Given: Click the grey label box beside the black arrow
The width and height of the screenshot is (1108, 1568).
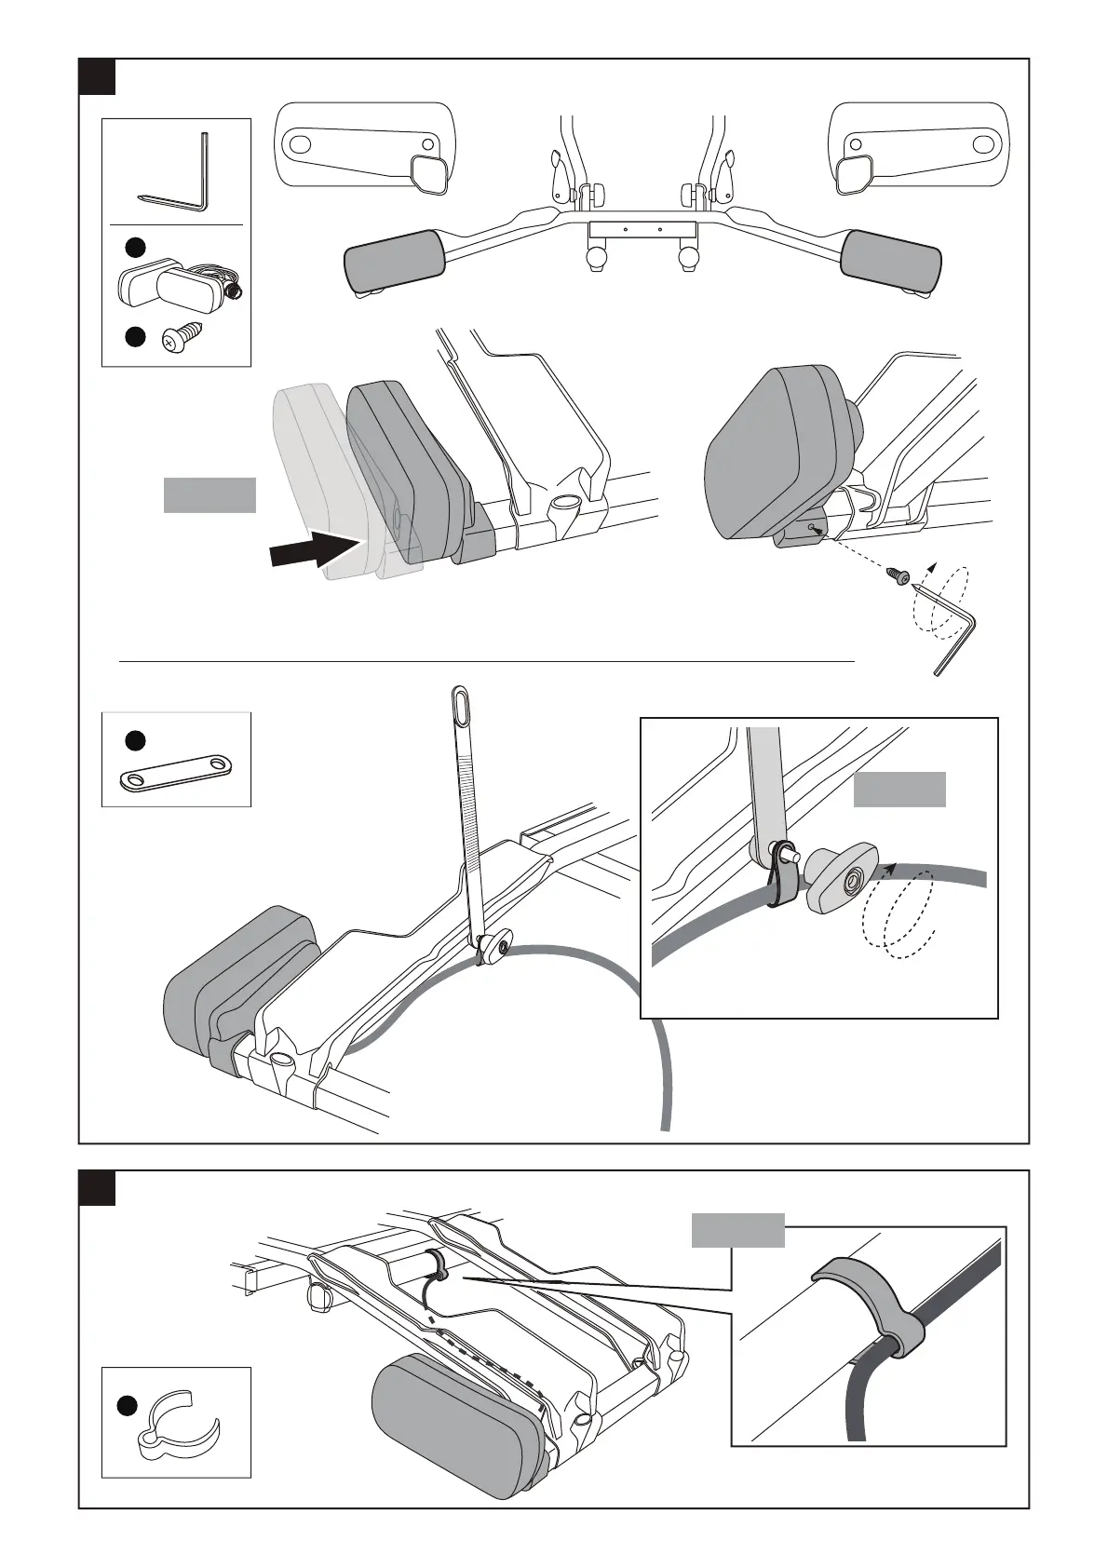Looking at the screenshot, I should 209,495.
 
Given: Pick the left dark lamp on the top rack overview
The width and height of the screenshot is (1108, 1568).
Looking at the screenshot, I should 395,262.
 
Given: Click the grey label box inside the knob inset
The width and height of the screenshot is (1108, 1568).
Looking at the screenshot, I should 899,789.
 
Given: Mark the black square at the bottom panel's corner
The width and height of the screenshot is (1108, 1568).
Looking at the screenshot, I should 97,1187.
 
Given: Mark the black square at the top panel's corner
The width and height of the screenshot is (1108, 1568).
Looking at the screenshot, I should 97,76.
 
